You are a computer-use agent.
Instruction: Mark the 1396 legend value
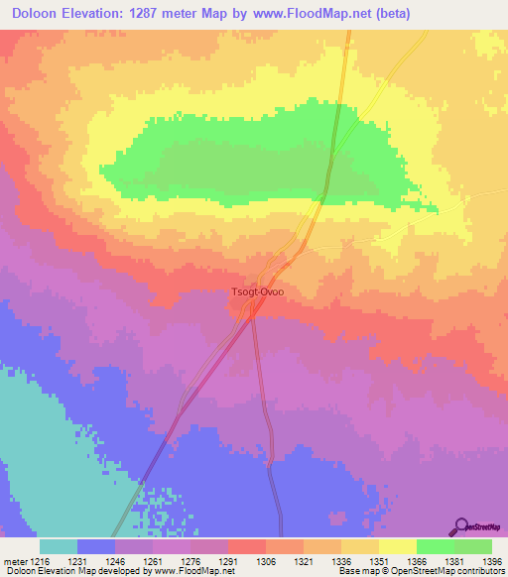[x=490, y=560]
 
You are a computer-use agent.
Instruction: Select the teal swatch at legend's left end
[x=59, y=546]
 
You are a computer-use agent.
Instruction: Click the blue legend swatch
[x=96, y=546]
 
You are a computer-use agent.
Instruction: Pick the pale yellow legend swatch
[x=397, y=546]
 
